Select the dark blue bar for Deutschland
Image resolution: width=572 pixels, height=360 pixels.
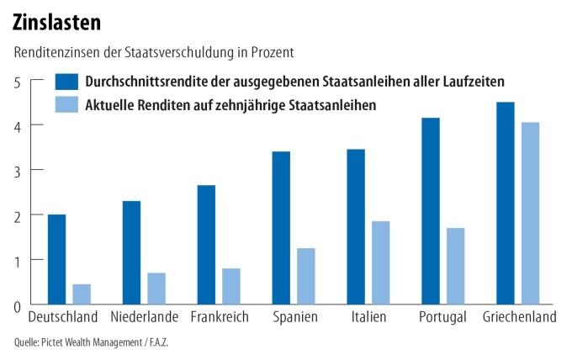click(x=56, y=259)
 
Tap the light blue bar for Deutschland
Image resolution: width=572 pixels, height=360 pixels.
click(x=82, y=294)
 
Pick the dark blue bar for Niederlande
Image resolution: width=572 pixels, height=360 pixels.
click(x=131, y=252)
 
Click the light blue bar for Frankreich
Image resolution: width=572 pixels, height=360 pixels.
click(x=231, y=286)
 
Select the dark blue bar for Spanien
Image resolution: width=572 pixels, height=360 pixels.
click(x=281, y=228)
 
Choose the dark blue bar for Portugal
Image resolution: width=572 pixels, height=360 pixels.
click(x=431, y=211)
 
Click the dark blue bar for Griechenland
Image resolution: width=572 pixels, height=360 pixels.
click(x=505, y=203)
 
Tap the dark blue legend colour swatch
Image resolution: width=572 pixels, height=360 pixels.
click(x=66, y=82)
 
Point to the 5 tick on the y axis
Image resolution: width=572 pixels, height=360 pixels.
click(x=16, y=81)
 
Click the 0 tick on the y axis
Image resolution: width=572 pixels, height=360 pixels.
click(x=16, y=304)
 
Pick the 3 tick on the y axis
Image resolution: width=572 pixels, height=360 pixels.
click(x=16, y=170)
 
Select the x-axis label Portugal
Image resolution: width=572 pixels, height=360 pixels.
click(x=442, y=318)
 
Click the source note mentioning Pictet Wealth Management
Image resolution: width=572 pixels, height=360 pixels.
click(x=97, y=342)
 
